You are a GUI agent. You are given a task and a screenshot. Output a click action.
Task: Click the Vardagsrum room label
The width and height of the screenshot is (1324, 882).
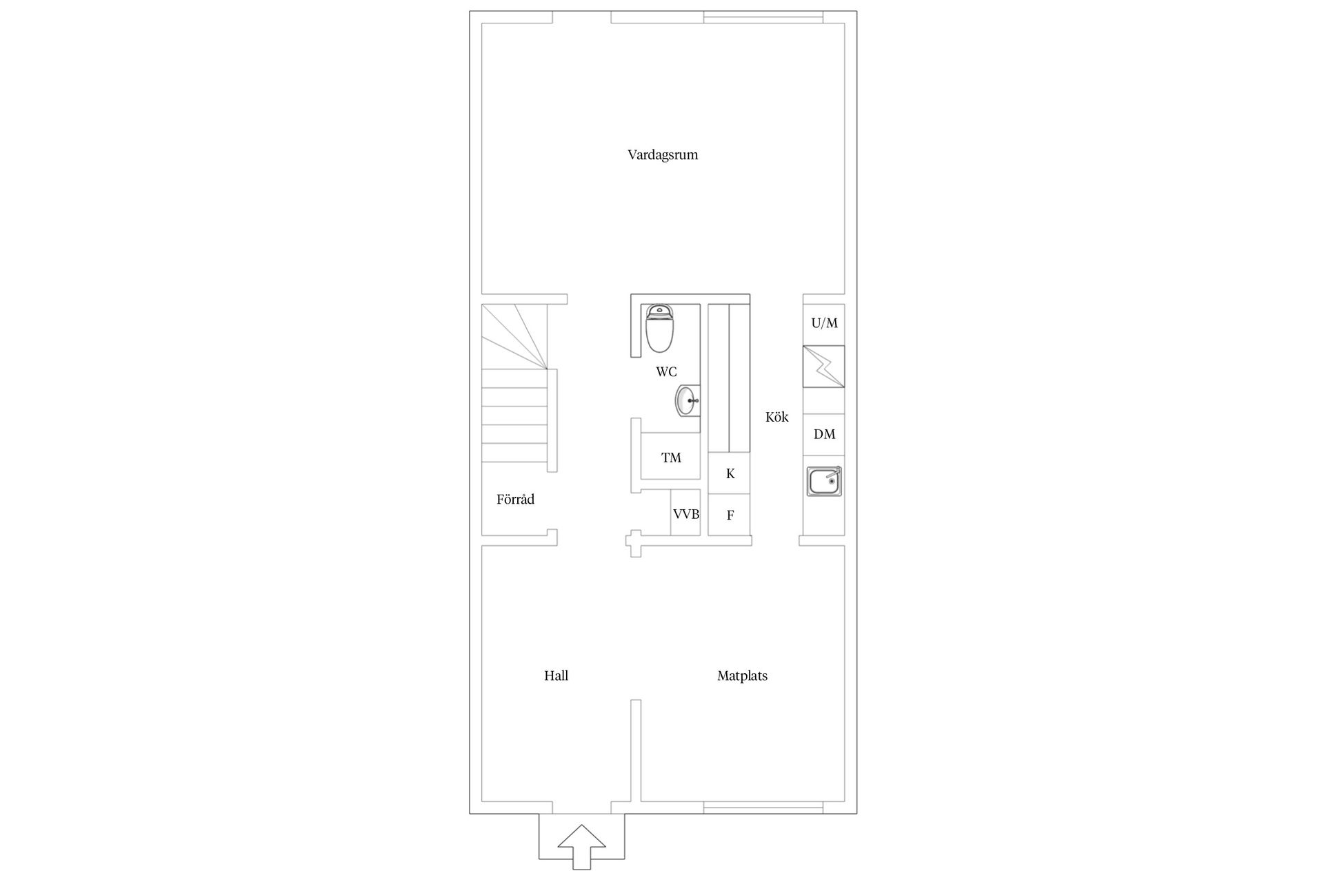pyautogui.click(x=663, y=155)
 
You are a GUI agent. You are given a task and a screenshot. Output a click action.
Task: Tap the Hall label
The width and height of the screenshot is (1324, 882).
pyautogui.click(x=556, y=676)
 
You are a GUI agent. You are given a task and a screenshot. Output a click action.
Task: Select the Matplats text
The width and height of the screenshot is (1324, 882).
pyautogui.click(x=742, y=676)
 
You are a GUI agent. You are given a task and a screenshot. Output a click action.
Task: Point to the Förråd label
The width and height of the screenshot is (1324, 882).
pyautogui.click(x=515, y=499)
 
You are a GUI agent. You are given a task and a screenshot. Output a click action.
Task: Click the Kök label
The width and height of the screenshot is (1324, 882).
pyautogui.click(x=776, y=417)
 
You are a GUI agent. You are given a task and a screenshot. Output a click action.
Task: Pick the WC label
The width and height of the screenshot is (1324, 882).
pyautogui.click(x=666, y=372)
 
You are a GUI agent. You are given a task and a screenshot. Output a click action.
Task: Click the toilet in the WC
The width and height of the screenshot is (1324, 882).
pyautogui.click(x=659, y=329)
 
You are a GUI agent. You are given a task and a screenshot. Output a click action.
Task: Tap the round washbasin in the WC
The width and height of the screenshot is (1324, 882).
pyautogui.click(x=688, y=400)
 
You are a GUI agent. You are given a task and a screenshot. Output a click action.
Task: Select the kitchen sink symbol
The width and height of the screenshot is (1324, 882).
pyautogui.click(x=824, y=481)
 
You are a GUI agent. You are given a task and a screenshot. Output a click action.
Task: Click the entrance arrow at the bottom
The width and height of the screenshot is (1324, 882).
pyautogui.click(x=581, y=846)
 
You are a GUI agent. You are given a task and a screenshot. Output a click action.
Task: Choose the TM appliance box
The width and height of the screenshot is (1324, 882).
pyautogui.click(x=671, y=457)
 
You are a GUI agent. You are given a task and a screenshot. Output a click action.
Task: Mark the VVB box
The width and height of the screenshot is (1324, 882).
pyautogui.click(x=686, y=513)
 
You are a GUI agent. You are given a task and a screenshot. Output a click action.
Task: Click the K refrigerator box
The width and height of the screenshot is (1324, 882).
pyautogui.click(x=730, y=473)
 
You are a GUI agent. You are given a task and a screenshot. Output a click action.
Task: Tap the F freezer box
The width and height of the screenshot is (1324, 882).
pyautogui.click(x=730, y=515)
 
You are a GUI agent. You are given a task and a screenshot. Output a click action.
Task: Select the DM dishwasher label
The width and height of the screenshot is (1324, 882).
pyautogui.click(x=824, y=434)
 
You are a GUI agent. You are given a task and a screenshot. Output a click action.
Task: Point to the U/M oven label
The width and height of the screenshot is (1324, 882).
pyautogui.click(x=824, y=322)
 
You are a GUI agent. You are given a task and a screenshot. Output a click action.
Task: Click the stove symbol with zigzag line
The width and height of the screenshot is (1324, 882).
pyautogui.click(x=824, y=367)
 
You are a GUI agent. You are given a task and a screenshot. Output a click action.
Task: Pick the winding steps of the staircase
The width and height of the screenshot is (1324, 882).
pyautogui.click(x=514, y=337)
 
